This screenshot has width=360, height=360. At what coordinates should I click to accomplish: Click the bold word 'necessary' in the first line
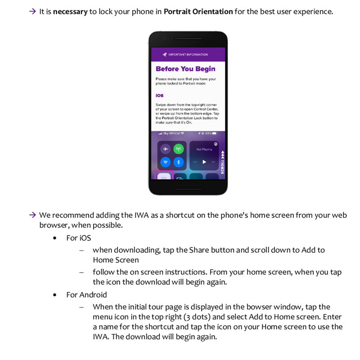70,12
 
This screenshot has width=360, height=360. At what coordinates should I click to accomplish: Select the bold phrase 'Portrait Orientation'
198,12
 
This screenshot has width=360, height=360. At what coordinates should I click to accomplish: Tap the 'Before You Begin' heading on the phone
185,69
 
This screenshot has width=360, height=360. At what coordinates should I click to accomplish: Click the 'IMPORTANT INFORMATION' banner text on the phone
188,54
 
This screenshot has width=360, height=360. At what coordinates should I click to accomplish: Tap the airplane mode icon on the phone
166,149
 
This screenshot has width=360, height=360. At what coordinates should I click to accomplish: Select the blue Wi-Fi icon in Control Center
166,162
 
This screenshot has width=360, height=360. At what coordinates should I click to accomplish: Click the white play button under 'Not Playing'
204,162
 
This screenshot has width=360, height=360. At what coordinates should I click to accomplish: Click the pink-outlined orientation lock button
164,176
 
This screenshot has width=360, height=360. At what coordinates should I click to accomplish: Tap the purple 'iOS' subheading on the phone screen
159,95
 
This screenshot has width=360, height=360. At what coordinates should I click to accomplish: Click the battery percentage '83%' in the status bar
208,134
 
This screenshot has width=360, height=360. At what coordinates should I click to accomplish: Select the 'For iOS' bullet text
78,238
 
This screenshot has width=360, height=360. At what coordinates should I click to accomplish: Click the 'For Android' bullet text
86,295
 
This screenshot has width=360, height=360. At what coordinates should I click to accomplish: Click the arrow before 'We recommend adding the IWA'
32,215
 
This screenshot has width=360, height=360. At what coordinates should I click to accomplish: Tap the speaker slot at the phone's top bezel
188,39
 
